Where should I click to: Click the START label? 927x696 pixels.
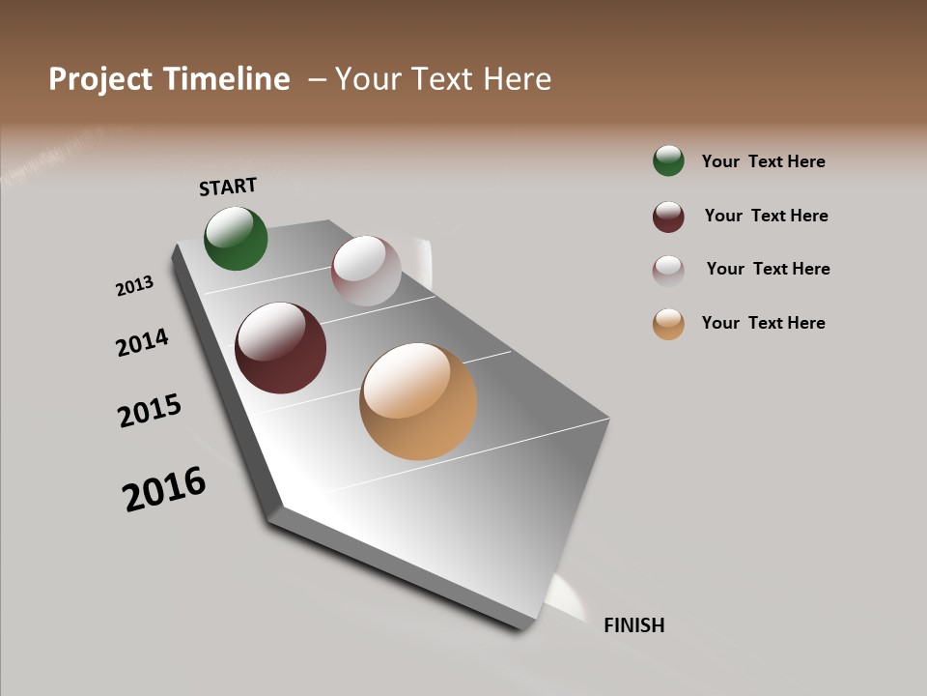click(228, 187)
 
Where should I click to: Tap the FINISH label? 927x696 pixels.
click(633, 625)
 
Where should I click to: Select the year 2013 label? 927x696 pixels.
click(134, 286)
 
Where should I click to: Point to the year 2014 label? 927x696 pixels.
click(142, 342)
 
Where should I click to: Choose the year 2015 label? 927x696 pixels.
click(150, 411)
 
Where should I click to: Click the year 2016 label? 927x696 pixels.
click(164, 489)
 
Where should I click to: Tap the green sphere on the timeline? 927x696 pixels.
click(236, 238)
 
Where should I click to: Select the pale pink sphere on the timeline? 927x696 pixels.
click(366, 271)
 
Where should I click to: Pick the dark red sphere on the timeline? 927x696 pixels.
click(280, 348)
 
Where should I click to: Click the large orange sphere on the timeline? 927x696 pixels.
click(418, 401)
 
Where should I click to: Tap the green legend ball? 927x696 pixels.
click(668, 160)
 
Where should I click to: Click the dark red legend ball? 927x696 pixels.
click(668, 217)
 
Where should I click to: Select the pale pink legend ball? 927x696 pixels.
click(668, 270)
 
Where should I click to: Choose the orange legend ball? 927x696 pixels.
click(668, 324)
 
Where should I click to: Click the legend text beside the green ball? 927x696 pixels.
click(763, 161)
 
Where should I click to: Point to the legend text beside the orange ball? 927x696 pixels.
click(763, 323)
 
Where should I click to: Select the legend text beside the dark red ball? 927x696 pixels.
click(766, 216)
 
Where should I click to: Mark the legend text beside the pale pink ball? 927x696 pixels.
click(768, 269)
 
